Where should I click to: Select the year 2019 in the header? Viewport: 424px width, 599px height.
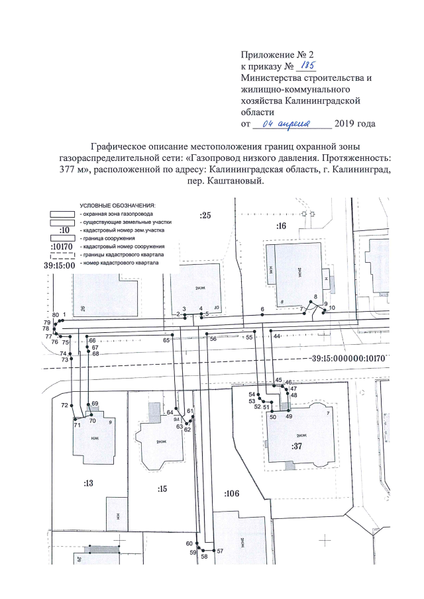[x=346, y=124]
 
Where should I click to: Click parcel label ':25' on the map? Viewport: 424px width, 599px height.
[x=205, y=216]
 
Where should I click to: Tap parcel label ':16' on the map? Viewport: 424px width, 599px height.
[x=281, y=226]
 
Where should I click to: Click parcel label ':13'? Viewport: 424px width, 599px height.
[x=88, y=483]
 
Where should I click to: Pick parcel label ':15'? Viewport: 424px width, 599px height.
[x=162, y=489]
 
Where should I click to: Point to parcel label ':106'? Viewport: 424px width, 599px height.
[x=231, y=494]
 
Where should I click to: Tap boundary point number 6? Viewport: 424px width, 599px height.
[x=262, y=309]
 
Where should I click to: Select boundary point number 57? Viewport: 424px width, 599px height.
[x=221, y=551]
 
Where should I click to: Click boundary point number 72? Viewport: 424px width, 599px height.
[x=64, y=404]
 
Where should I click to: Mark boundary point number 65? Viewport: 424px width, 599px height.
[x=166, y=340]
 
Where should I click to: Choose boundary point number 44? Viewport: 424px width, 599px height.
[x=276, y=336]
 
